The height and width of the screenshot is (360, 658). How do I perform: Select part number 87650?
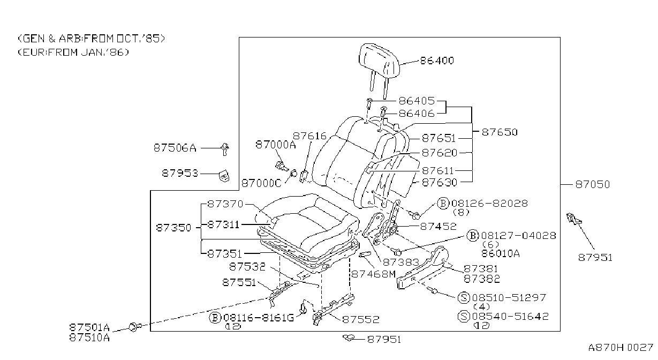[500, 132]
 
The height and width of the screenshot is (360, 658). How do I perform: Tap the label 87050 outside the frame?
[593, 185]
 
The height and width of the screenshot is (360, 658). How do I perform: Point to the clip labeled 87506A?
[225, 149]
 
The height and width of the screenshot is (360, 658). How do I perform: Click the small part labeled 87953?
[224, 176]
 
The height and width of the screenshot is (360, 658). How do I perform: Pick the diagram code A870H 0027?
[621, 348]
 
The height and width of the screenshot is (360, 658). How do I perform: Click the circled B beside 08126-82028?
[443, 204]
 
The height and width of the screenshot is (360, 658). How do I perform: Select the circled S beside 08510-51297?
[464, 298]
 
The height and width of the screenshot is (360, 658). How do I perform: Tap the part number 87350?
[173, 228]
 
